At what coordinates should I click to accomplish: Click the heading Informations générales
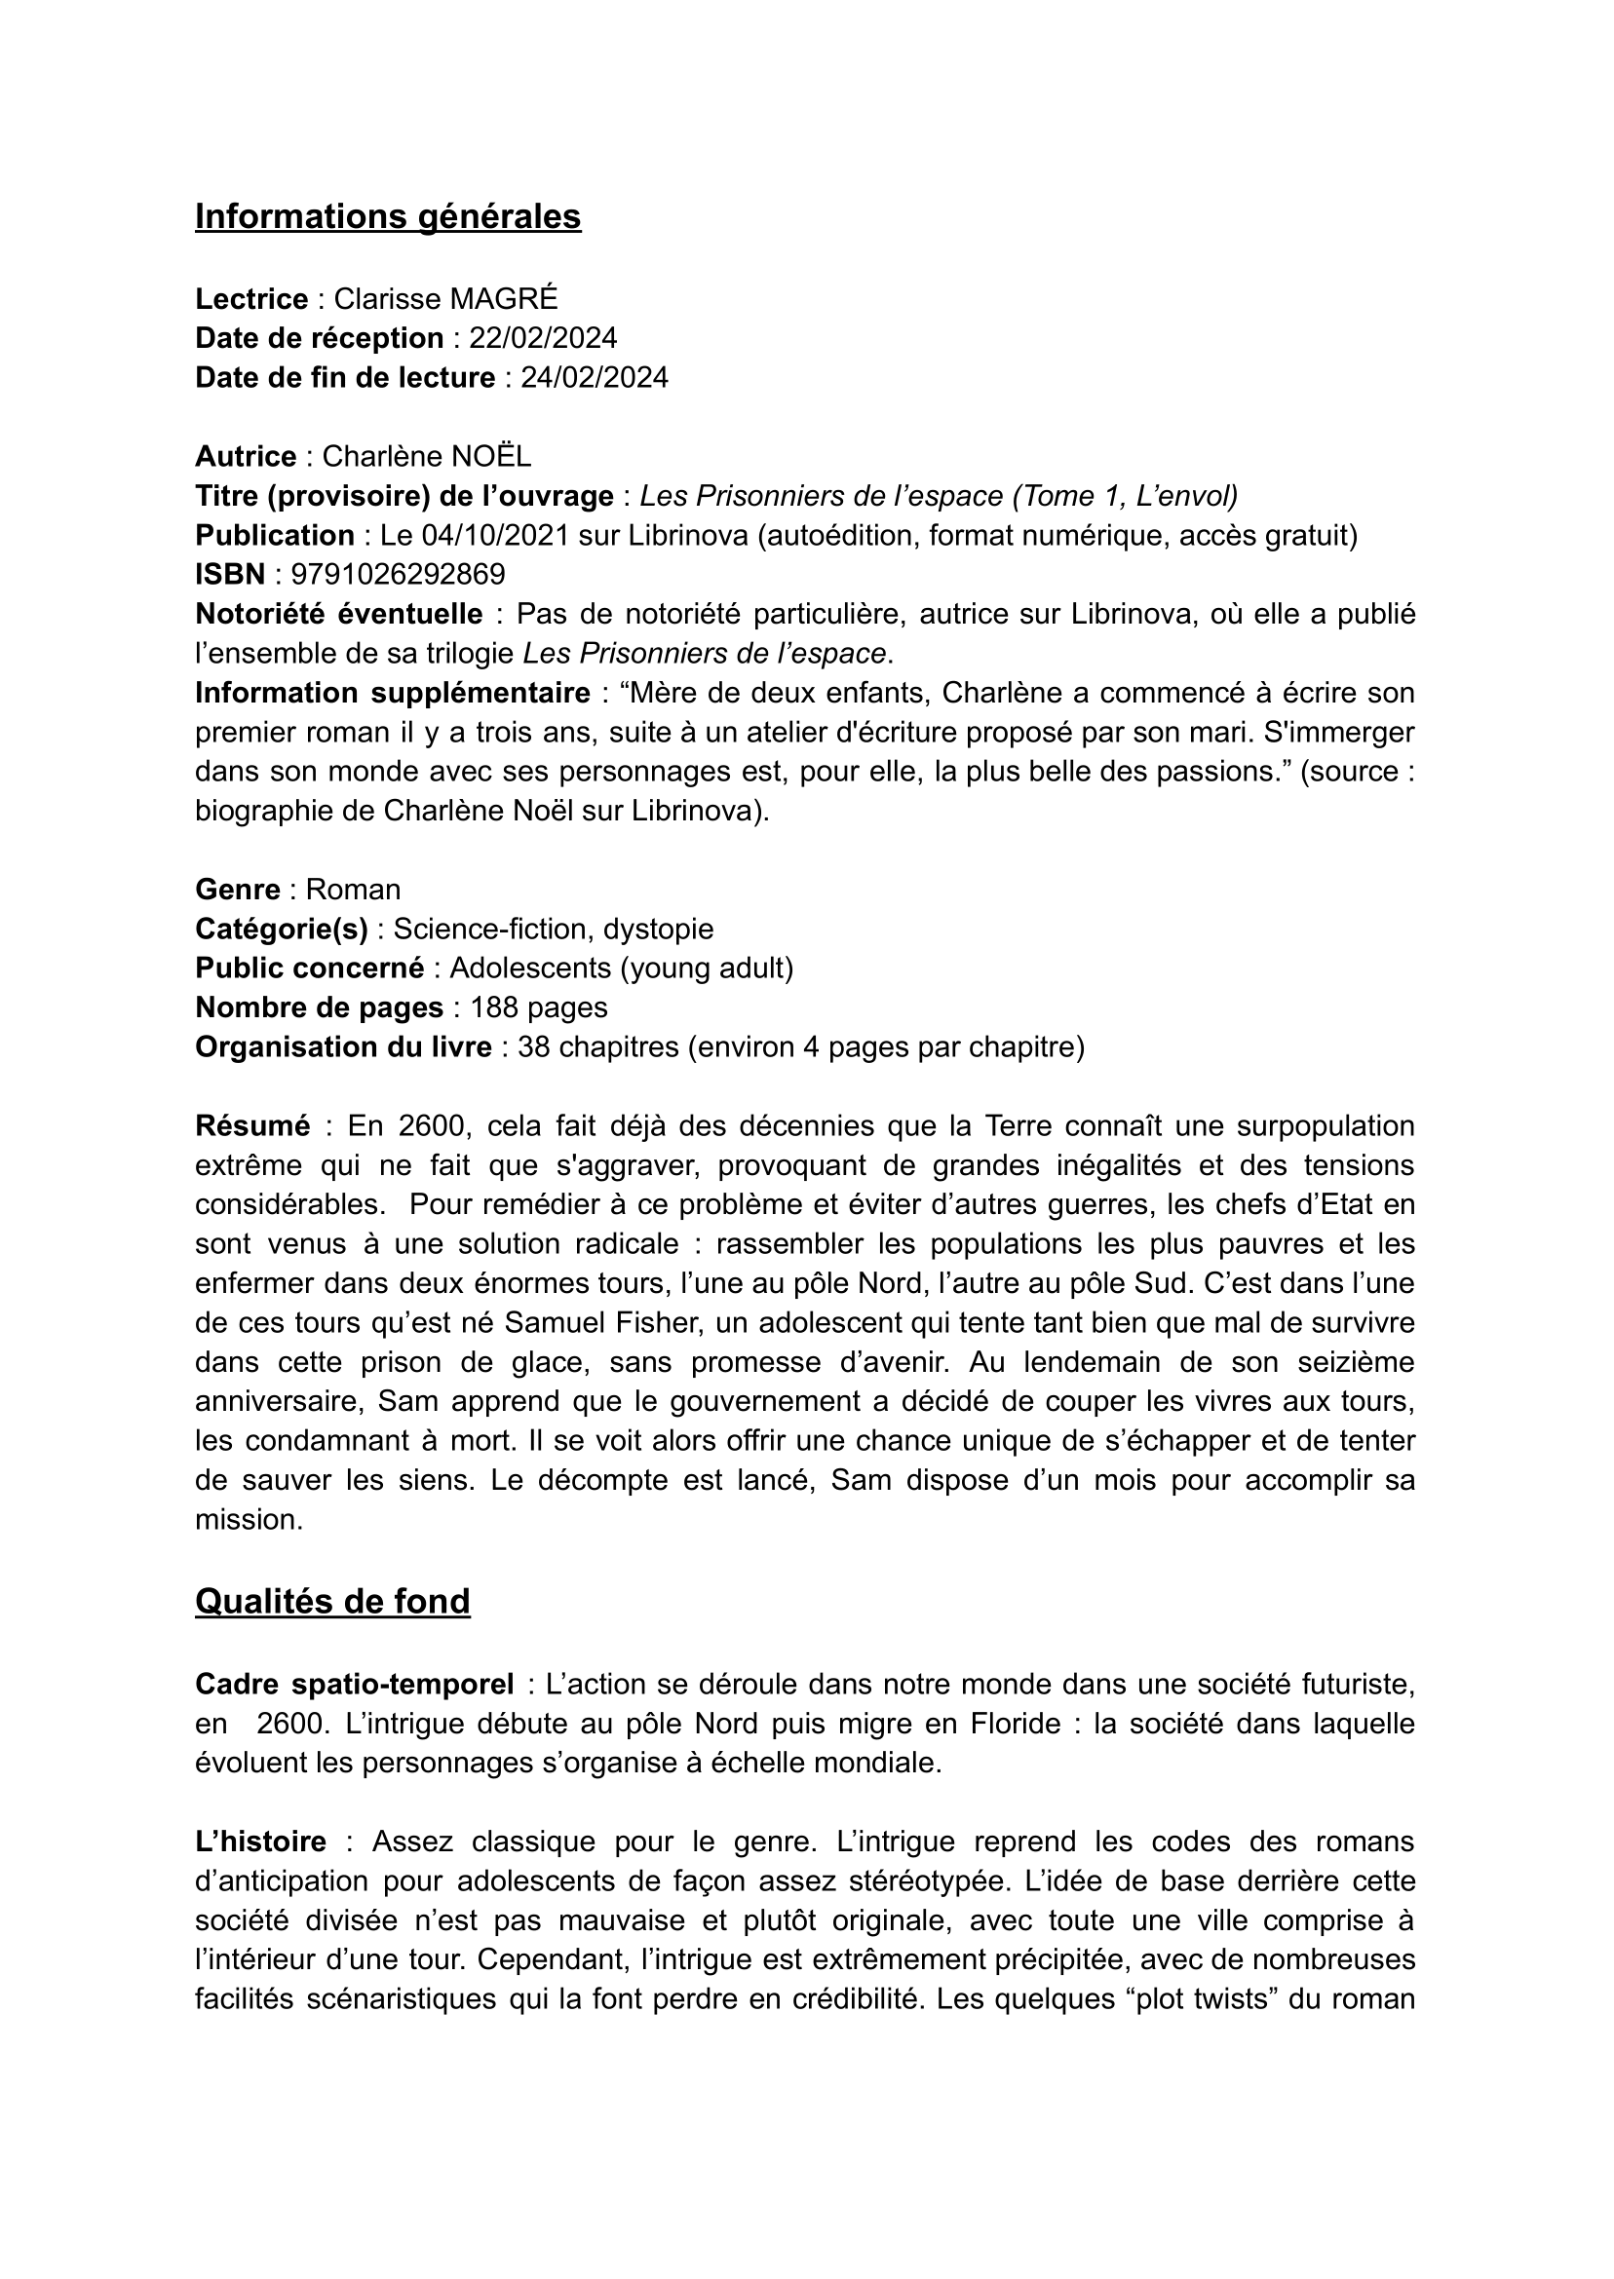[x=388, y=216]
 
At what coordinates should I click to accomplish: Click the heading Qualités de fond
[x=332, y=1602]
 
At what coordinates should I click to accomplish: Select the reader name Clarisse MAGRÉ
[x=445, y=299]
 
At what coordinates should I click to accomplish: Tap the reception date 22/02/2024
[x=543, y=339]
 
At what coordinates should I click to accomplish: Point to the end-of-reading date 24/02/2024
[x=595, y=377]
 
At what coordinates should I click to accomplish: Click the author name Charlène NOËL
[x=426, y=456]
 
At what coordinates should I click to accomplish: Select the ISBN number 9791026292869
[x=390, y=574]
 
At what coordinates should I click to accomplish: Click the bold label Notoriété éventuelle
[x=339, y=614]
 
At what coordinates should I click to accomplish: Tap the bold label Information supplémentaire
[x=393, y=693]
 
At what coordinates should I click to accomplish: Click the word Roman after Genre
[x=353, y=890]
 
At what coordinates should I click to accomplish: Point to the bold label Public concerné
[x=309, y=968]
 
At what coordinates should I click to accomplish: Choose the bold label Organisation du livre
[x=343, y=1047]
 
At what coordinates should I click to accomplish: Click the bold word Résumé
[x=252, y=1125]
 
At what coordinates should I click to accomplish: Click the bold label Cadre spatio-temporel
[x=354, y=1685]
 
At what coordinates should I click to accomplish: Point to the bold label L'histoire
[x=260, y=1842]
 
